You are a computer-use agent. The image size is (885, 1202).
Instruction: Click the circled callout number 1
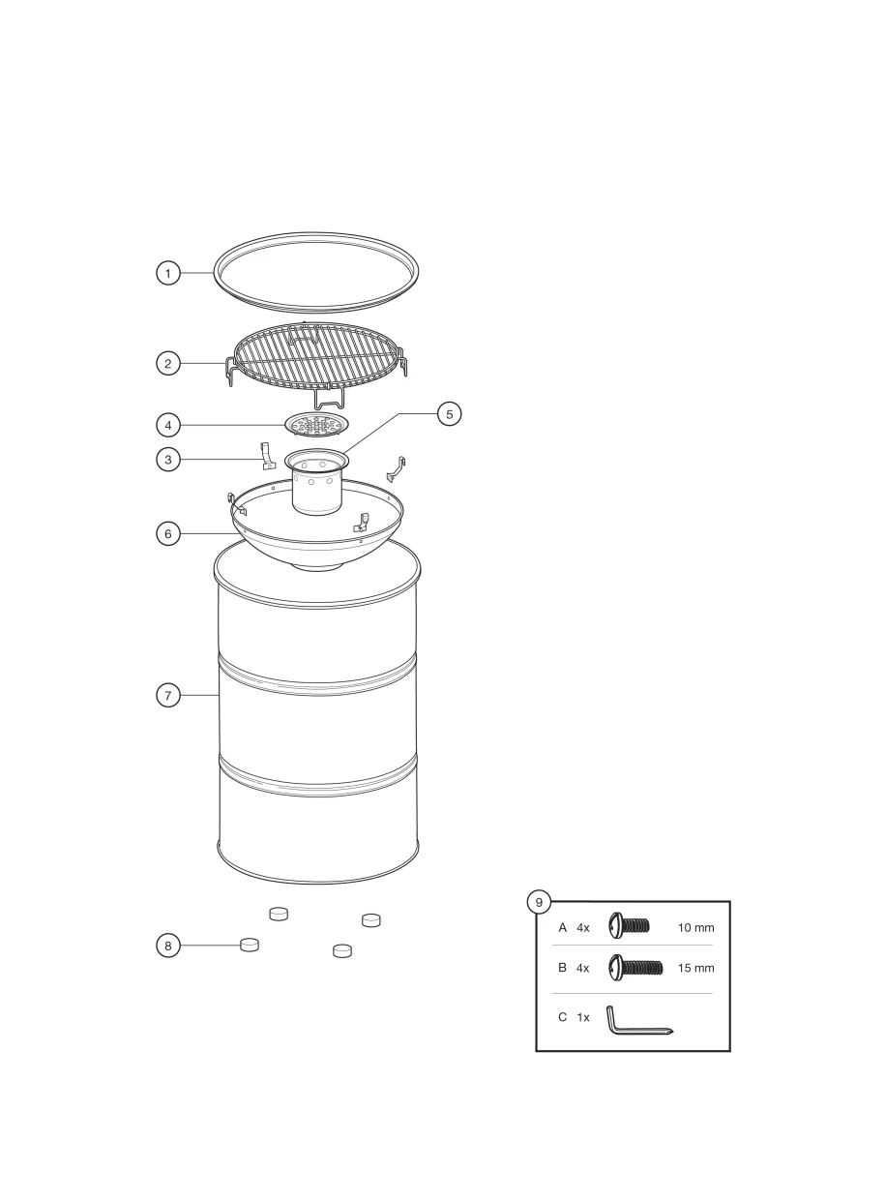point(168,273)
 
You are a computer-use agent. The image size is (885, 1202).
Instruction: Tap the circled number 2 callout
point(168,363)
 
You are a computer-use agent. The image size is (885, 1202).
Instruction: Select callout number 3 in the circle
point(168,460)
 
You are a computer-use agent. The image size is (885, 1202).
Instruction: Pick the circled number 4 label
point(168,425)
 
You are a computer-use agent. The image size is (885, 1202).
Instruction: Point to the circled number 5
point(450,413)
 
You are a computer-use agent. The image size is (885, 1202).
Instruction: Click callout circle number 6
point(168,533)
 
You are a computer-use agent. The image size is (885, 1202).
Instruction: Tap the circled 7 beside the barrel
point(168,696)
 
